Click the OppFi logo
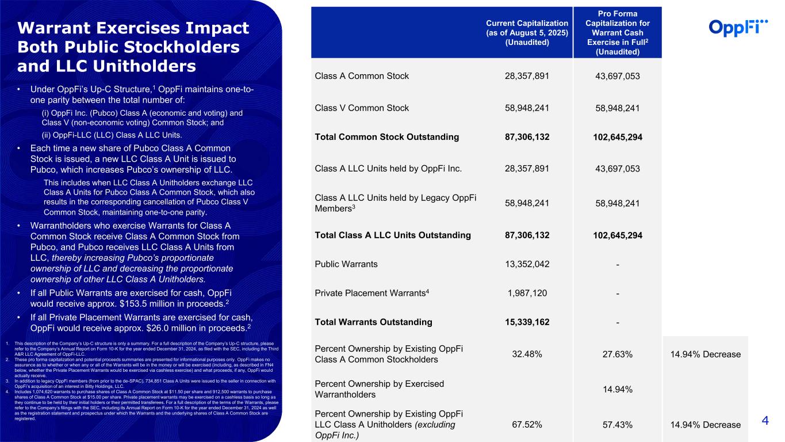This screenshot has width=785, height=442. [x=738, y=27]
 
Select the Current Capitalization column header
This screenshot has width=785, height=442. [x=527, y=32]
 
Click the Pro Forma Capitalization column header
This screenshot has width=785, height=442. [x=617, y=32]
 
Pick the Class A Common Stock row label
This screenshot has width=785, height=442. [x=362, y=75]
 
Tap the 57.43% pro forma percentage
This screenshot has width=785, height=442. [x=617, y=425]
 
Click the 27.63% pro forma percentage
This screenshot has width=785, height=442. [x=617, y=354]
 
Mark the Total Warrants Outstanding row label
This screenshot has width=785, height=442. [x=374, y=322]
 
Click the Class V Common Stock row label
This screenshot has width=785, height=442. [x=362, y=108]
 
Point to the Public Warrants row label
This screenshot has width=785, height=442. [x=347, y=264]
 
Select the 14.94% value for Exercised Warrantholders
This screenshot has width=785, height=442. [x=617, y=390]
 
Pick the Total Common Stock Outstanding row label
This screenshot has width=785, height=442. [x=386, y=137]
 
